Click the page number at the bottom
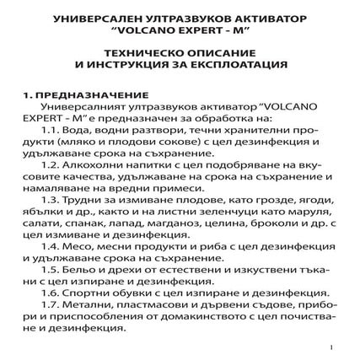331,346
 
